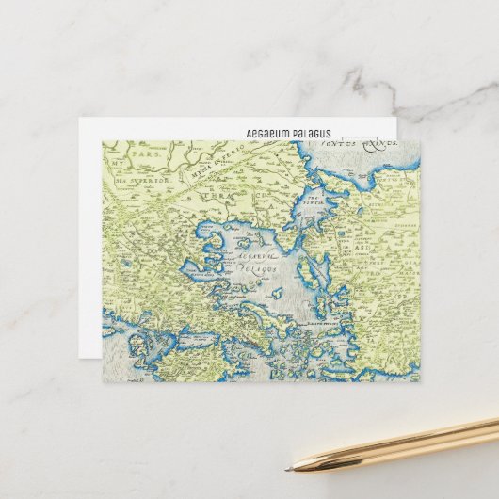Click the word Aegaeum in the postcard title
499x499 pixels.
pos(267,134)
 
